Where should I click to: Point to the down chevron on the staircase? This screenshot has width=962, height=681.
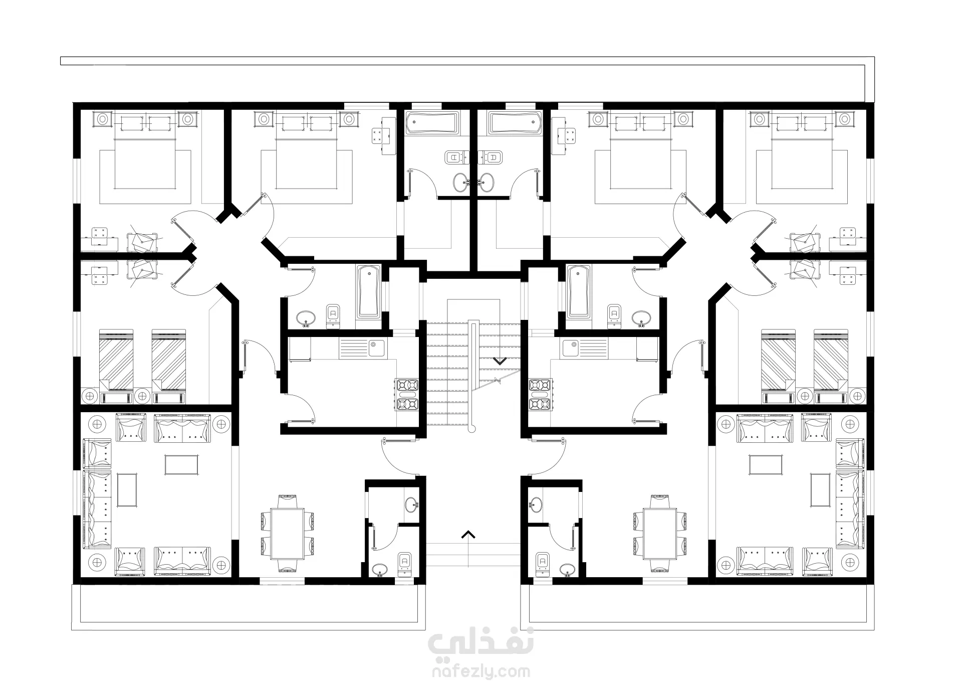[x=500, y=360]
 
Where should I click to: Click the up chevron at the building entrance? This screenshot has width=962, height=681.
[x=468, y=535]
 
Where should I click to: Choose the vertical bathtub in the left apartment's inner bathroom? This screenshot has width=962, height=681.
[x=368, y=291]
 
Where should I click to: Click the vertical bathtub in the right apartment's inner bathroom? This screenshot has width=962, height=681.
[x=579, y=291]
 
